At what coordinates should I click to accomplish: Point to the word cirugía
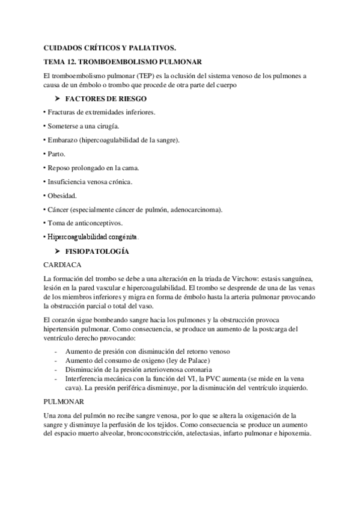coord(106,126)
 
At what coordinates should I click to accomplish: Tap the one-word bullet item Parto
coord(57,153)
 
